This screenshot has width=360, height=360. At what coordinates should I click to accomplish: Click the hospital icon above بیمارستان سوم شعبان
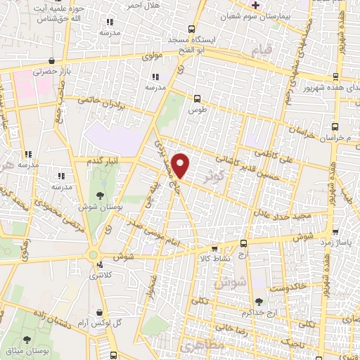click(256, 5)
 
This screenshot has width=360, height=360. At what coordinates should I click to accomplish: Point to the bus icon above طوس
click(197, 100)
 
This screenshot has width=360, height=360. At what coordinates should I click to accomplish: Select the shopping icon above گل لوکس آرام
click(101, 311)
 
